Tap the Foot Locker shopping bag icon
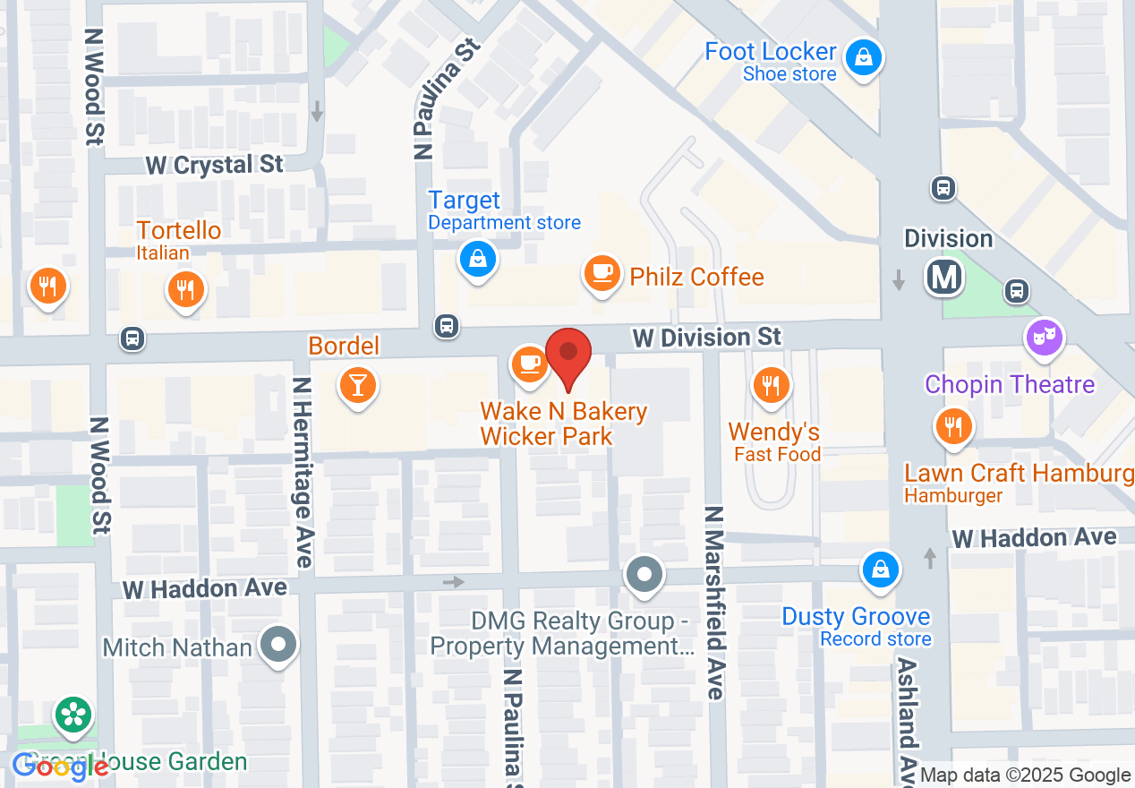[863, 59]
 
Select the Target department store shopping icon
[478, 260]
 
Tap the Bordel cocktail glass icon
[358, 386]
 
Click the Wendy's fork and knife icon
[770, 385]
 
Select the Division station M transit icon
[944, 277]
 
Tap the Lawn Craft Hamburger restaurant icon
[954, 427]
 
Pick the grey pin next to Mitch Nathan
[278, 644]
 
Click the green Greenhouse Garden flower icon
[73, 715]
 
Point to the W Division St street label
[706, 338]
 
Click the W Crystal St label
[215, 166]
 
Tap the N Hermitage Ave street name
[303, 472]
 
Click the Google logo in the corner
[61, 766]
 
